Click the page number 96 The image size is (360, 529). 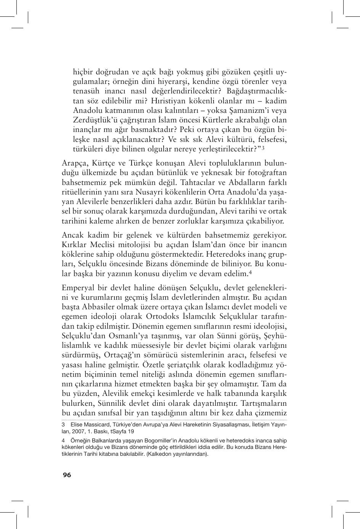pyautogui.click(x=67, y=475)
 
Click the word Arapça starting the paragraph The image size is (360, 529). pyautogui.click(x=74, y=162)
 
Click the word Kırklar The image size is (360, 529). pyautogui.click(x=74, y=244)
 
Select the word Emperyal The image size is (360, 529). pyautogui.click(x=78, y=287)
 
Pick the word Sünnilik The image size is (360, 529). pyautogui.click(x=114, y=403)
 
